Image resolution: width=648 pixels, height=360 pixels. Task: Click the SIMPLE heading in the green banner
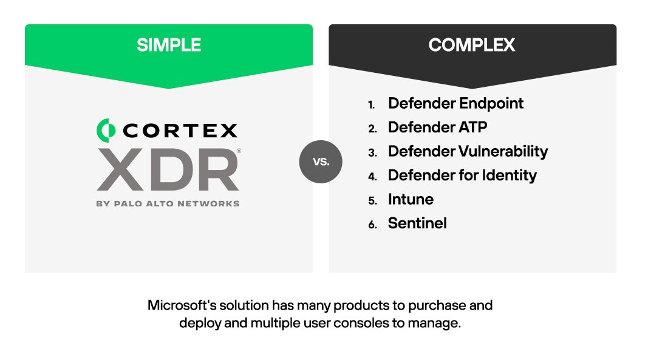click(x=168, y=45)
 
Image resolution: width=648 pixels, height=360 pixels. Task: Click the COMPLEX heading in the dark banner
click(x=472, y=45)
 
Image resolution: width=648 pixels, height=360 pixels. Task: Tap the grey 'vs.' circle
click(x=321, y=161)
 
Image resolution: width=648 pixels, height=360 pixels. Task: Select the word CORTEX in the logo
click(x=180, y=130)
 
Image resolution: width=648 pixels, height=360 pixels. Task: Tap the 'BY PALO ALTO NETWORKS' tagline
click(x=168, y=203)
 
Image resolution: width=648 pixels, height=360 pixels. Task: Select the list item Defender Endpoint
click(x=455, y=103)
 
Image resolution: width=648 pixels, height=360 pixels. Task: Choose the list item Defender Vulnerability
click(x=468, y=151)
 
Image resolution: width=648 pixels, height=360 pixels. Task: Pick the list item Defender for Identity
click(x=462, y=175)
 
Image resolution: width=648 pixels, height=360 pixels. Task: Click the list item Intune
click(x=411, y=199)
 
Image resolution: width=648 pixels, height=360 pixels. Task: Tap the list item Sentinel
click(x=417, y=223)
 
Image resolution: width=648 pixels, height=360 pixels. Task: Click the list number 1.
click(x=372, y=104)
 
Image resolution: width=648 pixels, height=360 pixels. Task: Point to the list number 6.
click(x=372, y=225)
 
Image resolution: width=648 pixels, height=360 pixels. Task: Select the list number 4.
click(x=372, y=177)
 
